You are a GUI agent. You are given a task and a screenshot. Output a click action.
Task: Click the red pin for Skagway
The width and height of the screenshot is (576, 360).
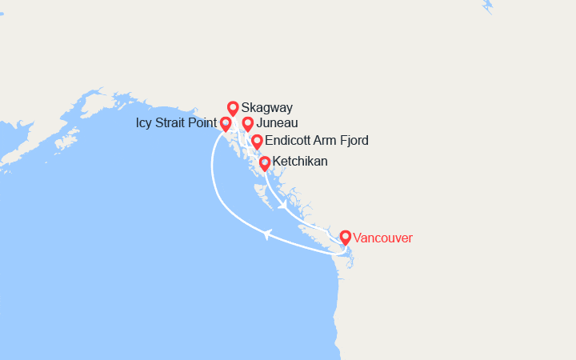(x=233, y=108)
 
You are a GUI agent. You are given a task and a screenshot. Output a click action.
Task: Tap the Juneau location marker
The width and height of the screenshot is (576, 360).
(x=248, y=124)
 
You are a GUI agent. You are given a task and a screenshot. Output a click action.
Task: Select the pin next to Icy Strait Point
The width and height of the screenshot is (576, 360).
(x=226, y=124)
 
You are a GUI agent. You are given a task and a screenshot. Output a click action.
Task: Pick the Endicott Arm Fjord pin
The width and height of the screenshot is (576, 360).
(x=257, y=142)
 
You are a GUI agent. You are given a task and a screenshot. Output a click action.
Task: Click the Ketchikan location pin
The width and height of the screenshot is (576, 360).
(x=265, y=163)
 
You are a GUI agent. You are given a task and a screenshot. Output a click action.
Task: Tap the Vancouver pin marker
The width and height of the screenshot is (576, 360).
(x=345, y=238)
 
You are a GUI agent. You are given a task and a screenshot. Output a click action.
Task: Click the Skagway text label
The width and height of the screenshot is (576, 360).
(x=266, y=107)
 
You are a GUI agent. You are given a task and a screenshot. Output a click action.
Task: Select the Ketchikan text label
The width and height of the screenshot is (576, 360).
(x=300, y=162)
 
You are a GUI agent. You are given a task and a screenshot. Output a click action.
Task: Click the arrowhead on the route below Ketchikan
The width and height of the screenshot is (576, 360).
(x=283, y=206)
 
